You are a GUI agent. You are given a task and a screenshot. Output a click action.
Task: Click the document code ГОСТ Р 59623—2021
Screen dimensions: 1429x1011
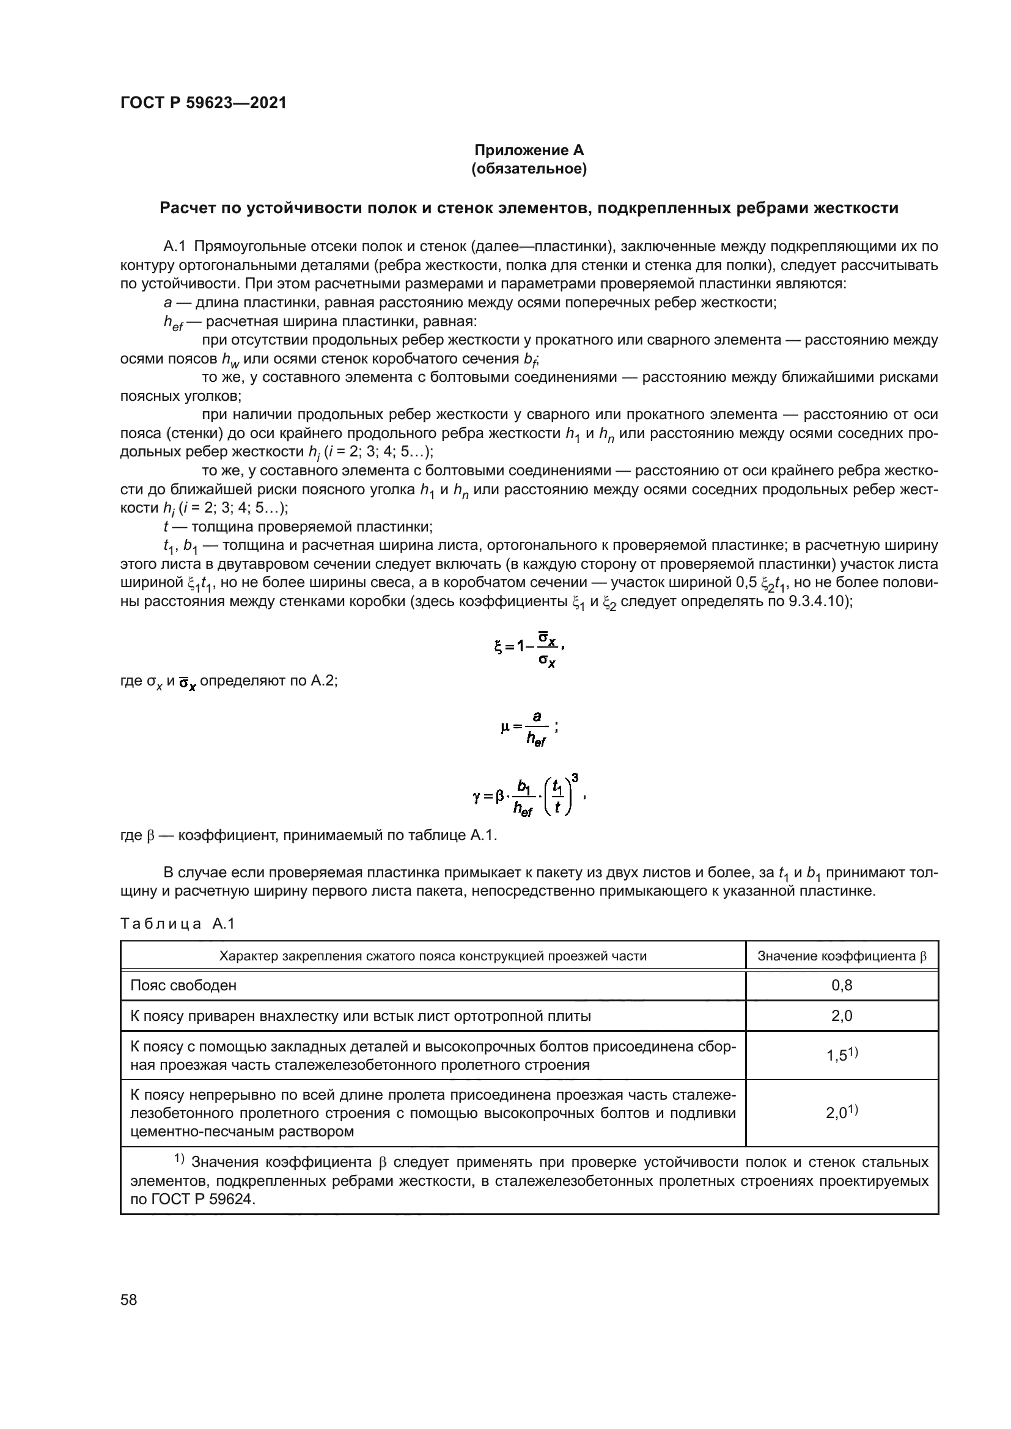pos(203,103)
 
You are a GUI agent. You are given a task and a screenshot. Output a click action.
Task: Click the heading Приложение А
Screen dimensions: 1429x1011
pos(529,150)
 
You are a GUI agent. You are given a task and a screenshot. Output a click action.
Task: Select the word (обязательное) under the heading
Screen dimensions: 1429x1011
pos(529,169)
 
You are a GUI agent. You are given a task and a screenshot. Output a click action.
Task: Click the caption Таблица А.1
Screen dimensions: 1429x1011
pos(177,924)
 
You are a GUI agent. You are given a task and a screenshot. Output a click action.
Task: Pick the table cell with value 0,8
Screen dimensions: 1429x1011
pos(842,985)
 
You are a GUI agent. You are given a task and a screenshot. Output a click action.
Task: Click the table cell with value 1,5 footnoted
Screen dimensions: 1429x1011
pos(842,1055)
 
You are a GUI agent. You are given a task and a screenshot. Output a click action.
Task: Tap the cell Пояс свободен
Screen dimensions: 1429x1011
pos(183,985)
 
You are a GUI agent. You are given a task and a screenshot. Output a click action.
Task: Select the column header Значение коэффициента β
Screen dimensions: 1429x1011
pos(842,956)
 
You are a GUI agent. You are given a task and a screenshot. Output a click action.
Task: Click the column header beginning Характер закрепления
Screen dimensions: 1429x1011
pos(433,956)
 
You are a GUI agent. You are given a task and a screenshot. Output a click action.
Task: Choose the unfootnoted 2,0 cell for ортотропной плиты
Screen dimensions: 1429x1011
pos(842,1016)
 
